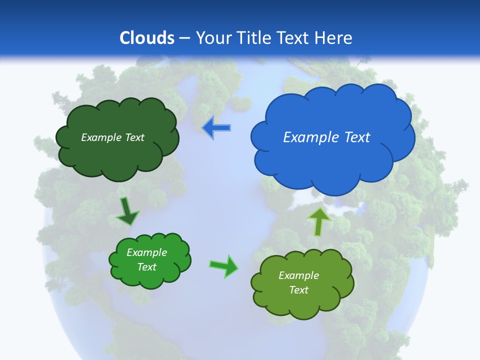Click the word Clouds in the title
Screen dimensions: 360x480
click(147, 38)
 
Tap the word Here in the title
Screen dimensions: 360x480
click(333, 38)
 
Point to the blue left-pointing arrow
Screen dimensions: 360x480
click(216, 128)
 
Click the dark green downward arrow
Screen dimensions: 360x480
click(127, 211)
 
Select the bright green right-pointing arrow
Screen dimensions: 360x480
click(223, 265)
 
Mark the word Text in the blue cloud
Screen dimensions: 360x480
click(357, 137)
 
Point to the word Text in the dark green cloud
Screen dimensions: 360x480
click(135, 137)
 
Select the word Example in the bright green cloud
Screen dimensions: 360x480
click(146, 252)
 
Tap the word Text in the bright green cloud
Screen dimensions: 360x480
click(146, 267)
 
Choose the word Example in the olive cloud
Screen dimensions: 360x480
click(298, 275)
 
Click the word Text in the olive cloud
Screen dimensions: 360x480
click(298, 290)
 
